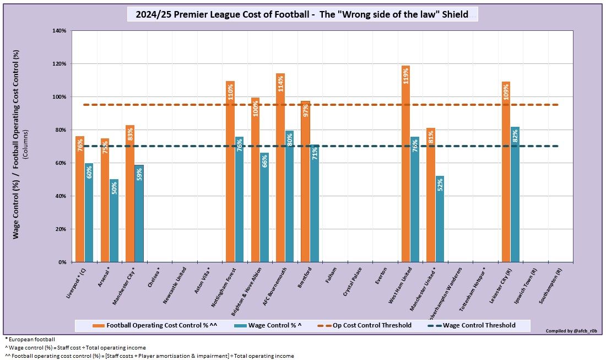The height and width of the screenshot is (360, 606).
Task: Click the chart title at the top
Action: click(x=302, y=14)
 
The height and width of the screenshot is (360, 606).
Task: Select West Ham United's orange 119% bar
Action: click(x=406, y=165)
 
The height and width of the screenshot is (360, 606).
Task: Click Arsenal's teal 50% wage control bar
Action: click(x=114, y=221)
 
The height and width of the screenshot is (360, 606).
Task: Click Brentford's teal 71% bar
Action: click(x=314, y=203)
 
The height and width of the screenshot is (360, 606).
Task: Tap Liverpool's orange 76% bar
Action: click(x=80, y=199)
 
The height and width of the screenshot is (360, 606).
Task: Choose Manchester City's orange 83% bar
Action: click(x=130, y=194)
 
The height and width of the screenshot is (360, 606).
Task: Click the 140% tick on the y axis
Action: click(x=59, y=31)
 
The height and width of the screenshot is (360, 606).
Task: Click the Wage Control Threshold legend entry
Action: click(x=472, y=325)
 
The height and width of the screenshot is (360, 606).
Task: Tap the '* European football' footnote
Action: click(x=27, y=338)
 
